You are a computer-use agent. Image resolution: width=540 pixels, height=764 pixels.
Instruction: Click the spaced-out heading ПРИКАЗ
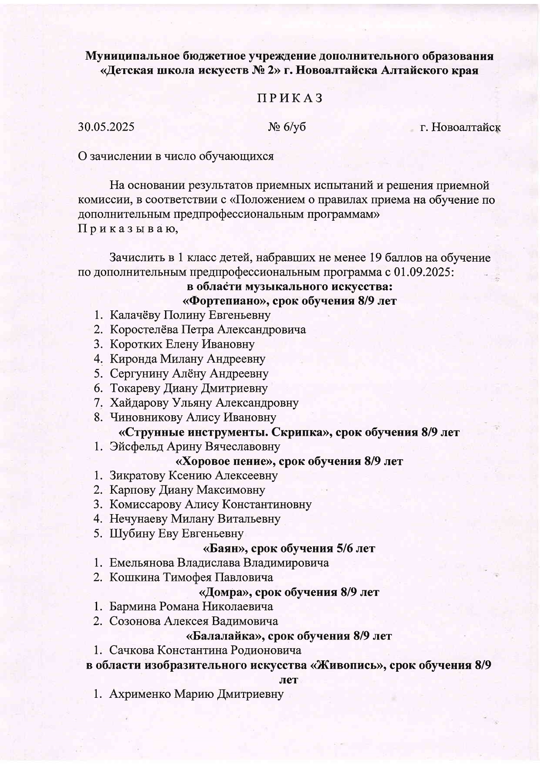(290, 98)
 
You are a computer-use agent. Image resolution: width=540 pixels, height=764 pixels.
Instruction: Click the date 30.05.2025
(106, 127)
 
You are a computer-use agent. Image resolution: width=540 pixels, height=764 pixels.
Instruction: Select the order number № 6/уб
(287, 127)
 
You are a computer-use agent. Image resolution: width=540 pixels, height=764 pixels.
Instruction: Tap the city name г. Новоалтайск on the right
(460, 128)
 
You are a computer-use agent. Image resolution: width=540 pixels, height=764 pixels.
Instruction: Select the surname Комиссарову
(145, 505)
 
